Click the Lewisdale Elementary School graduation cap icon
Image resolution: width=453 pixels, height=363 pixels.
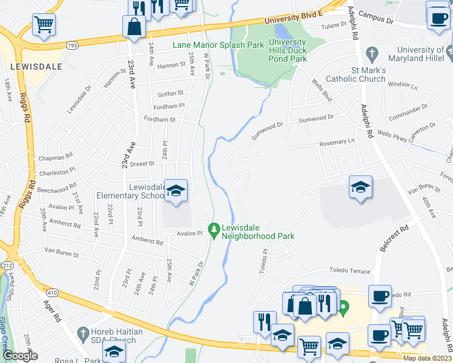click(x=176, y=192)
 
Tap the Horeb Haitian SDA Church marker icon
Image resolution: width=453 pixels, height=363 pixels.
click(x=83, y=332)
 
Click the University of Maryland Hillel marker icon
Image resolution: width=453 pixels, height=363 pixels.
click(x=448, y=54)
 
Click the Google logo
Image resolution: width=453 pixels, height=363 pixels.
click(x=20, y=356)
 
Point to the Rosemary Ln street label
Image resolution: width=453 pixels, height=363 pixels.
click(x=336, y=141)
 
